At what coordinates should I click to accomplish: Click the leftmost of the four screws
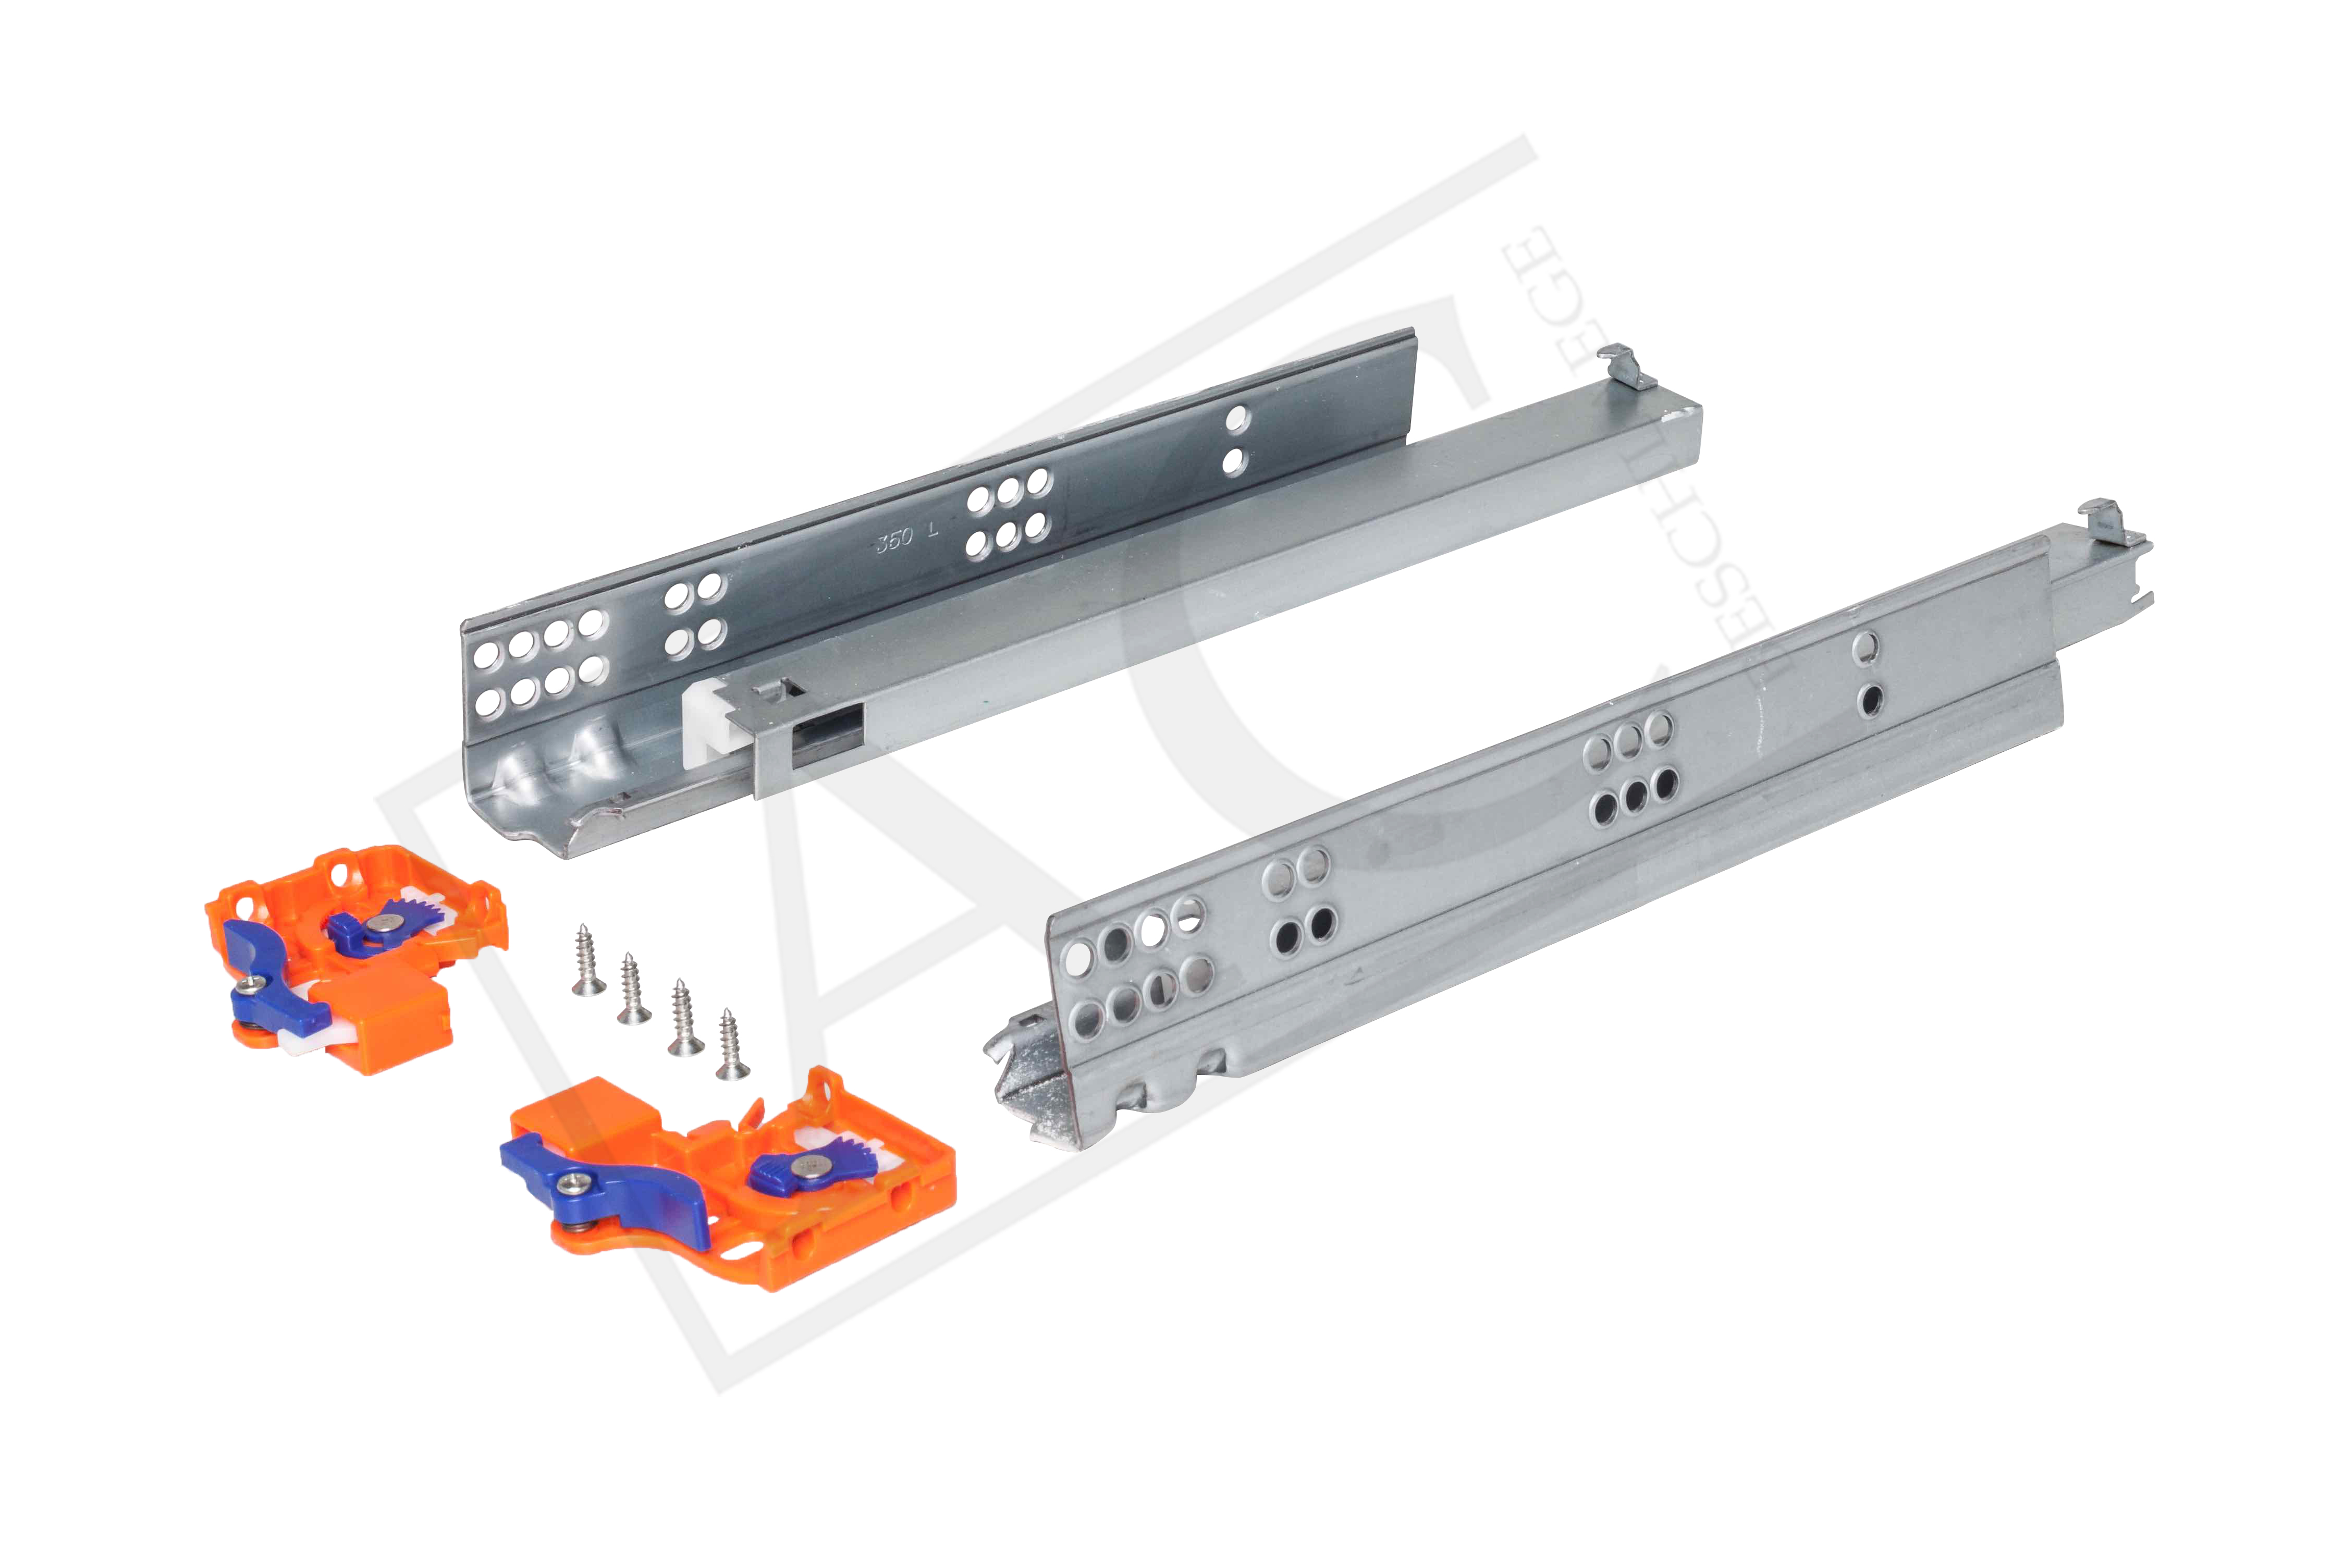click(588, 959)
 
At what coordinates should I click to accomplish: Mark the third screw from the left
click(684, 1016)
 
